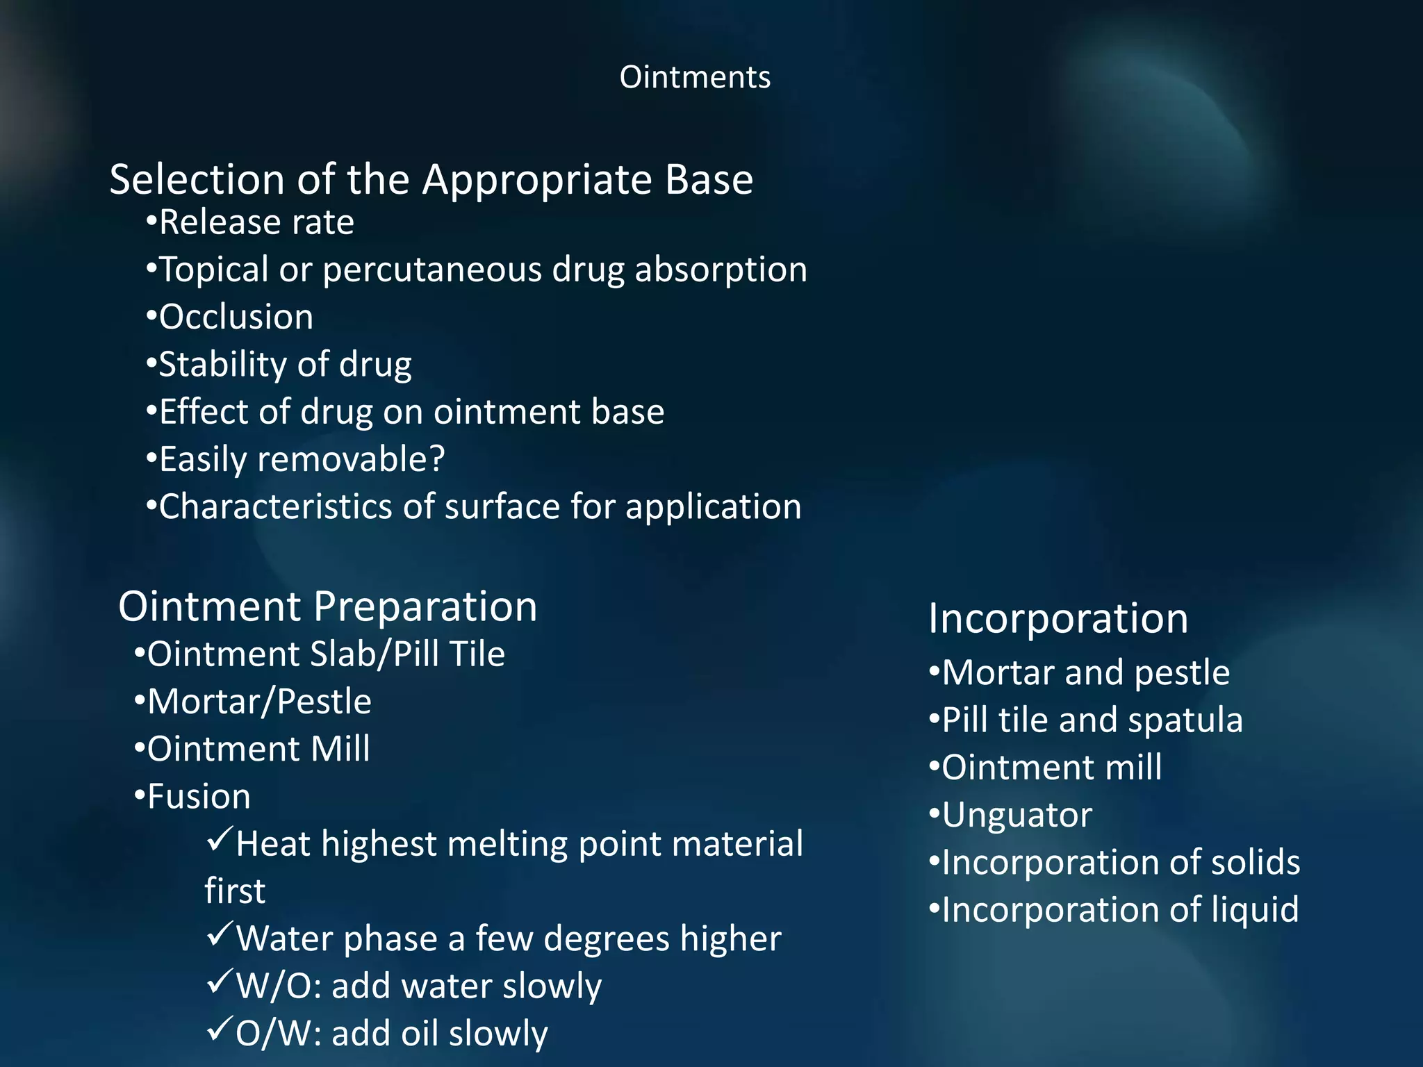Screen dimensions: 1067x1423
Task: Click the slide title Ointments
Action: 695,77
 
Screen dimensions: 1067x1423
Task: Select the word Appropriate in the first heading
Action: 536,180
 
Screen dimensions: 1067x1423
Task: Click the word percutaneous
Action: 431,270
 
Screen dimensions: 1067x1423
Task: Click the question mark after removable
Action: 437,459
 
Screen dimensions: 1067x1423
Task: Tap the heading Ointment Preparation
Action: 327,606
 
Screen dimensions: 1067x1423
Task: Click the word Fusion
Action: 199,797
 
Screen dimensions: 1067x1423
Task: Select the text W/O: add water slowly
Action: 418,986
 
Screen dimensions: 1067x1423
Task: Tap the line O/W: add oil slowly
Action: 391,1034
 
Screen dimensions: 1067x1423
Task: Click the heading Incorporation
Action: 1058,618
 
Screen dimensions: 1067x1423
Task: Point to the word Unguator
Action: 1017,815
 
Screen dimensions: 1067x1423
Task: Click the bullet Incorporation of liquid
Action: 1119,910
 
